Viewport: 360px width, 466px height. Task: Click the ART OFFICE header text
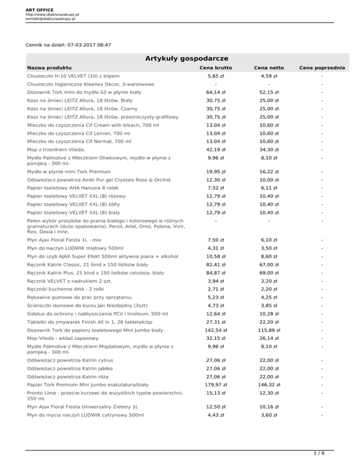40,9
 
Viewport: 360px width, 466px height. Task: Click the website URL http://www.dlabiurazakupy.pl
52,15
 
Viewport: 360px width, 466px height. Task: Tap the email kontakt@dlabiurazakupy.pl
51,19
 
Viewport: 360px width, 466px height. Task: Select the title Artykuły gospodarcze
180,58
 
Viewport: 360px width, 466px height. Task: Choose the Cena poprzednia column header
322,68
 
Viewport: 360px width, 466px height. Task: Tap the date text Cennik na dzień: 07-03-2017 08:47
68,45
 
